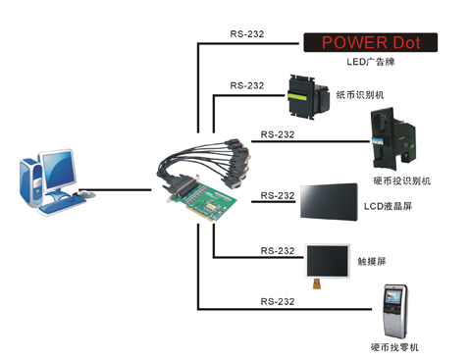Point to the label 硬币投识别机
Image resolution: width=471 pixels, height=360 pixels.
(x=401, y=180)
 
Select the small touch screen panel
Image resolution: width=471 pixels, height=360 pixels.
(x=327, y=261)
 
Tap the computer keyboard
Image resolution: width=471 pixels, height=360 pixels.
(x=60, y=202)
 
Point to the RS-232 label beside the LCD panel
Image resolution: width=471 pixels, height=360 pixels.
(x=279, y=196)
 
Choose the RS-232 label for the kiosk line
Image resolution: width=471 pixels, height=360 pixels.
(x=279, y=300)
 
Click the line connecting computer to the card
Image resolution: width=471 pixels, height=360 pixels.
(x=117, y=191)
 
